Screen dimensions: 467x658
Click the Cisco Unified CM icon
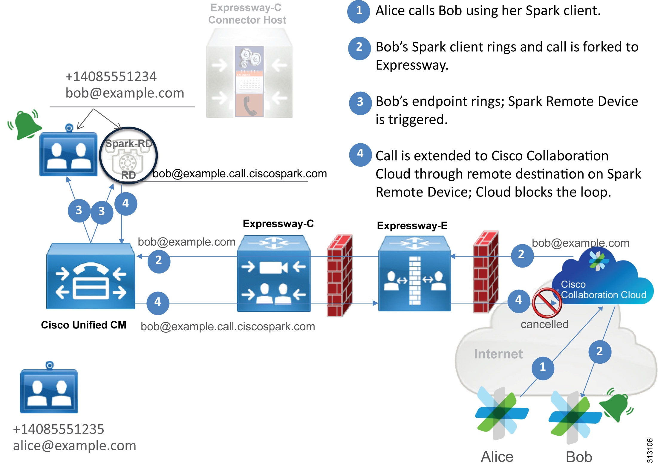pos(91,276)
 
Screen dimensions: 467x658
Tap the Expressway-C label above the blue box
pos(278,224)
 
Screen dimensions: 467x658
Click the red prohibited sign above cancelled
pos(547,303)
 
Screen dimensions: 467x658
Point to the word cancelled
pos(544,324)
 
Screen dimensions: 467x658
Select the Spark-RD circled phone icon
pos(128,156)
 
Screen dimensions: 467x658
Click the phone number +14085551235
pos(59,429)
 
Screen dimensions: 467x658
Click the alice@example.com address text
pos(74,446)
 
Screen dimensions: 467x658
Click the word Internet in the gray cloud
pos(498,354)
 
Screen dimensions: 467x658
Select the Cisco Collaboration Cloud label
pos(603,290)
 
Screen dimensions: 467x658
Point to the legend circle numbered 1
pos(359,11)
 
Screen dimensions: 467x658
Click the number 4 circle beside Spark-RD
pos(126,204)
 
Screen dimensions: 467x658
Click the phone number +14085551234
pos(111,77)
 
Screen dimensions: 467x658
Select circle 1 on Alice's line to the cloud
pos(543,367)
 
